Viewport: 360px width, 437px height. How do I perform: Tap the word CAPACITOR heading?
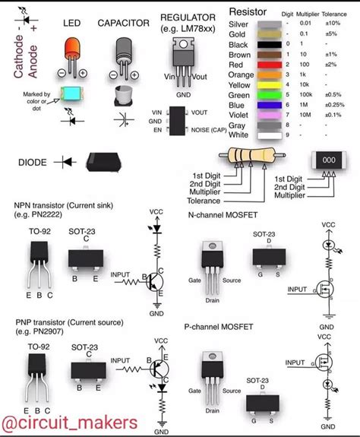(x=123, y=24)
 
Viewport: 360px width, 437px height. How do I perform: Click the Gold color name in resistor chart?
(x=238, y=35)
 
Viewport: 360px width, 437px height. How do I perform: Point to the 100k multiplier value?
(x=306, y=93)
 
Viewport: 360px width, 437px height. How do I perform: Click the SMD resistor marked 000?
(x=328, y=161)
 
